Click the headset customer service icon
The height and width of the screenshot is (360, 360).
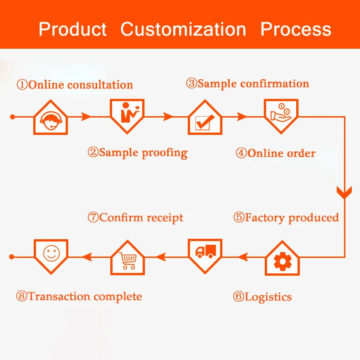(50, 119)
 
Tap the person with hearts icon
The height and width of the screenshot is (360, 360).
(127, 114)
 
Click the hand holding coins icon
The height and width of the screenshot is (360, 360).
(281, 113)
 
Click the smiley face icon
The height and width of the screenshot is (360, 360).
(51, 253)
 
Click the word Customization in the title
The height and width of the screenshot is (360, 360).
(183, 29)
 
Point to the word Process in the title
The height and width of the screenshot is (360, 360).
(295, 29)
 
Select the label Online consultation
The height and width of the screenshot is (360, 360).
(75, 85)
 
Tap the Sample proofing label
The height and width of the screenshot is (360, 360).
(137, 152)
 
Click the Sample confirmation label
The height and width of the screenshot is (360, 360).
(247, 83)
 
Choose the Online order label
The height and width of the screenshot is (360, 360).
(275, 153)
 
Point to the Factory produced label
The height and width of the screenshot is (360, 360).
(286, 217)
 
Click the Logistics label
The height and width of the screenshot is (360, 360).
(262, 297)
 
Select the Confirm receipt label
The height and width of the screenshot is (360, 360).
(135, 217)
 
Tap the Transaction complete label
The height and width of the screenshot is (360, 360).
(79, 297)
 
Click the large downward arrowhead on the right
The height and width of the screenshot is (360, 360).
(345, 191)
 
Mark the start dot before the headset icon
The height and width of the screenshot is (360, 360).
(12, 117)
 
